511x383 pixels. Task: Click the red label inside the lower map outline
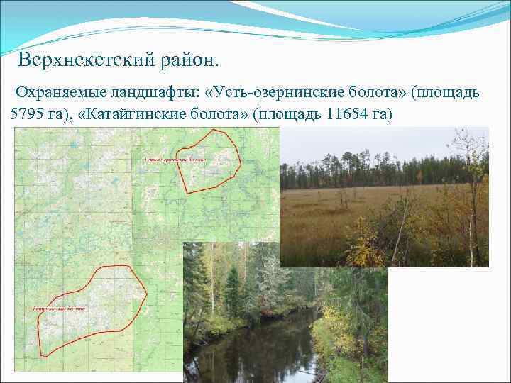[x=59, y=309]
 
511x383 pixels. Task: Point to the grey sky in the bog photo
[x=369, y=142]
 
